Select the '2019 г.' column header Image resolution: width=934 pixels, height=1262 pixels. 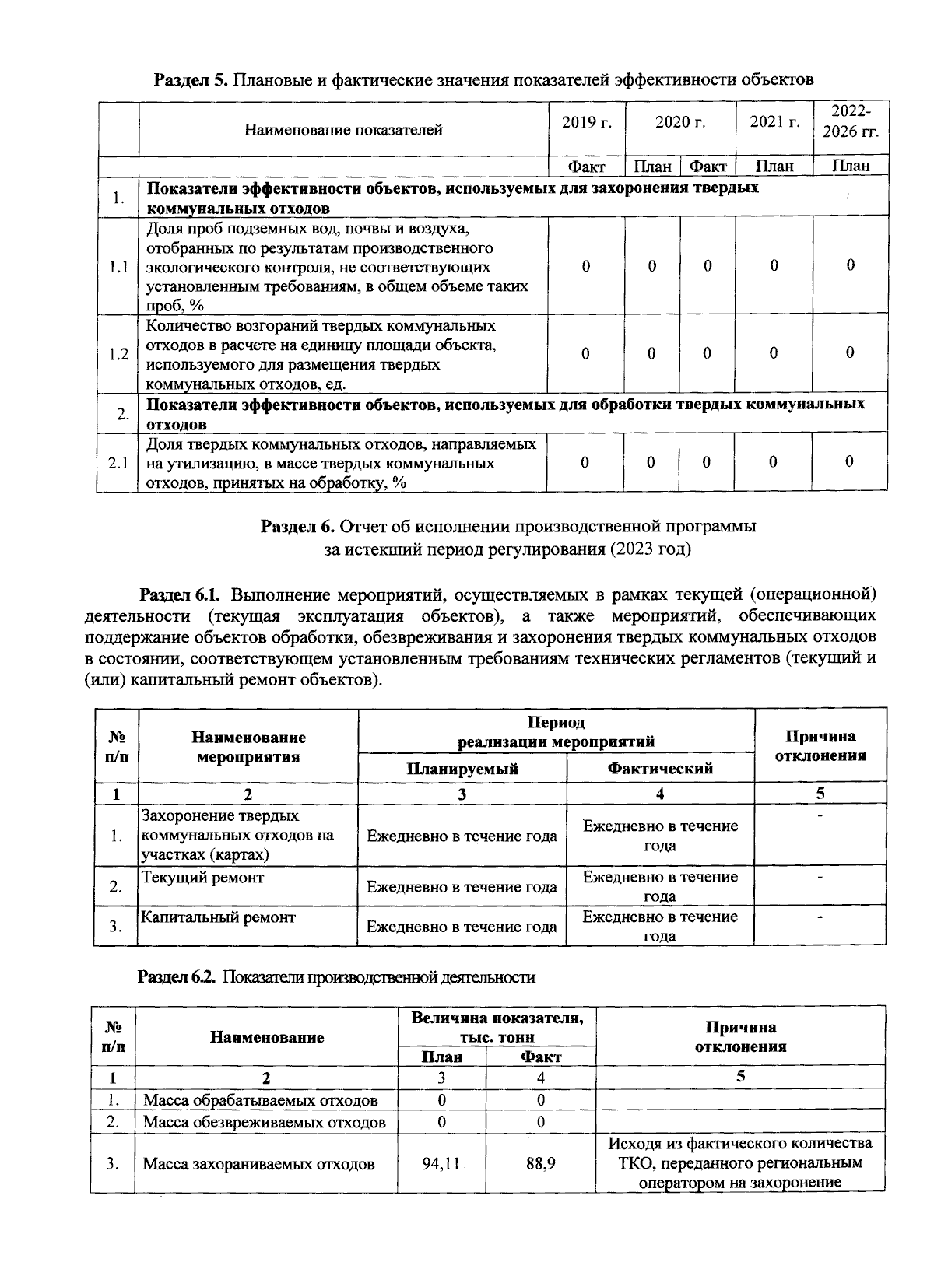[586, 121]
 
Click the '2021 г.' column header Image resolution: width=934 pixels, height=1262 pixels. [774, 121]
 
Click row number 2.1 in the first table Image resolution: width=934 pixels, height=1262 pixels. [118, 463]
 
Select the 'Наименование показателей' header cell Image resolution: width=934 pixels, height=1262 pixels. [343, 130]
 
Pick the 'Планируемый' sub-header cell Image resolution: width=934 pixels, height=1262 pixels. [462, 769]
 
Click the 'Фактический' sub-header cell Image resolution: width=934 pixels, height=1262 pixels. [660, 769]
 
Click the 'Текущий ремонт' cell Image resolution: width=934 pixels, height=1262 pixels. [203, 878]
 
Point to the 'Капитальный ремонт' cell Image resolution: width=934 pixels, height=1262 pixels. [219, 917]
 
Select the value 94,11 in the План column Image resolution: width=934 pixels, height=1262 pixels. [441, 1164]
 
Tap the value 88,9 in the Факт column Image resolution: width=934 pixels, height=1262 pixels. [540, 1164]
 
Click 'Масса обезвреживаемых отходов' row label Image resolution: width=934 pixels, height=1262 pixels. [265, 1122]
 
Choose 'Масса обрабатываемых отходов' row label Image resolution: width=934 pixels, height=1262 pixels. [261, 1100]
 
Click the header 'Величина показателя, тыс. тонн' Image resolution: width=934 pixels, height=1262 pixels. [497, 1027]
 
